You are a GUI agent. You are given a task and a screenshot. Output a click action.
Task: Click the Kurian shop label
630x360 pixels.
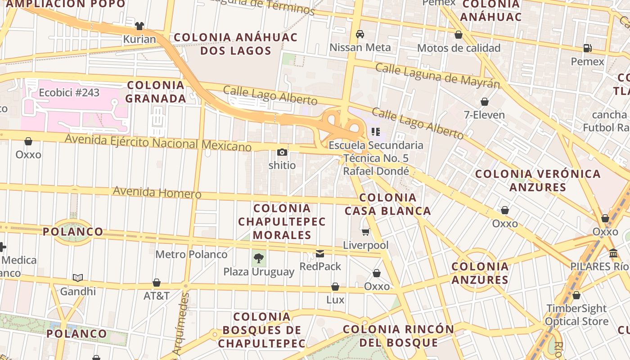pyautogui.click(x=139, y=39)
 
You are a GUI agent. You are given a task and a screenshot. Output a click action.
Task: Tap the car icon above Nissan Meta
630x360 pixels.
pyautogui.click(x=360, y=34)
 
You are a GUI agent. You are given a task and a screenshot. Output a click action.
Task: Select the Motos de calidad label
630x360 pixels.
pyautogui.click(x=459, y=48)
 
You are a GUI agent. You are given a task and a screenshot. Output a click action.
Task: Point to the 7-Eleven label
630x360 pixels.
pyautogui.click(x=484, y=115)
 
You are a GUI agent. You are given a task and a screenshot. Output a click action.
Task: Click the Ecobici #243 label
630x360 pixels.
pyautogui.click(x=69, y=93)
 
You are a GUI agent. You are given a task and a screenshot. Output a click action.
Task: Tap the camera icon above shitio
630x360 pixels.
pyautogui.click(x=282, y=153)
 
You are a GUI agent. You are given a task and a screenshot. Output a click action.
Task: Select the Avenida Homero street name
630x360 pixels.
pyautogui.click(x=157, y=192)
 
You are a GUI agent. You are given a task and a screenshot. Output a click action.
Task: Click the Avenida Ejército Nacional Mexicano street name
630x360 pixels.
pyautogui.click(x=158, y=143)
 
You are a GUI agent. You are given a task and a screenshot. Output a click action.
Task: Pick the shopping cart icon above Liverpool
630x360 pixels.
pyautogui.click(x=366, y=232)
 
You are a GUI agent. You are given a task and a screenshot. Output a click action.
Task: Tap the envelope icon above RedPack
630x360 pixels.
pyautogui.click(x=320, y=254)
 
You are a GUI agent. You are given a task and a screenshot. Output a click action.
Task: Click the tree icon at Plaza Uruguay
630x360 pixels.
pyautogui.click(x=259, y=258)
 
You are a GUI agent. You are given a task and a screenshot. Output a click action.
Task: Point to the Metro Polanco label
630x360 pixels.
pyautogui.click(x=191, y=254)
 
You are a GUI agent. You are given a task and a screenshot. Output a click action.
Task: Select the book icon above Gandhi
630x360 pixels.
pyautogui.click(x=78, y=278)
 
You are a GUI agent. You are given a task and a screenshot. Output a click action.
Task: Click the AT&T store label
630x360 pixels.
pyautogui.click(x=156, y=296)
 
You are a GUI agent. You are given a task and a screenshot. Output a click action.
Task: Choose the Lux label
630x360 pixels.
pyautogui.click(x=335, y=300)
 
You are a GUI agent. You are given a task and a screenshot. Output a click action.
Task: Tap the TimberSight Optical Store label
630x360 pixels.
pyautogui.click(x=576, y=315)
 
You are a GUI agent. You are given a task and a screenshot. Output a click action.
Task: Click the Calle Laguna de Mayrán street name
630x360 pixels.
pyautogui.click(x=437, y=76)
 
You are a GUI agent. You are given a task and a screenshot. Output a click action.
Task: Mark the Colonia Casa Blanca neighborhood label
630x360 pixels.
pyautogui.click(x=388, y=204)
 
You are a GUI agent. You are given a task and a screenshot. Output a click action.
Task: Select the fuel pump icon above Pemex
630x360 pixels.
pyautogui.click(x=587, y=48)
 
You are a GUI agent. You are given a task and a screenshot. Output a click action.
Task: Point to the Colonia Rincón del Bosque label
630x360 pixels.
pyautogui.click(x=399, y=336)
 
